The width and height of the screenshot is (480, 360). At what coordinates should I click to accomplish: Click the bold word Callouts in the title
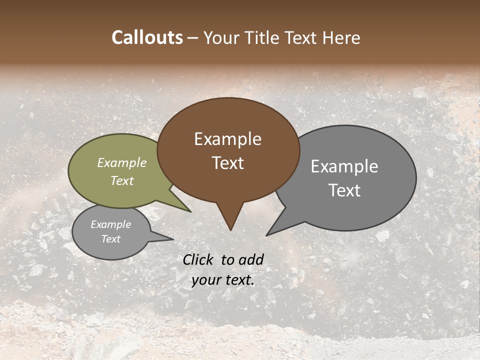(147, 37)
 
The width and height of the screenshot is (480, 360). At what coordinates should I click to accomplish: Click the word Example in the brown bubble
(227, 139)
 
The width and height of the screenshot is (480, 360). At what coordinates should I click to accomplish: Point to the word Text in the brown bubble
(227, 163)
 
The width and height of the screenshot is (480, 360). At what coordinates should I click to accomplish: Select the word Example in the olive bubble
(122, 162)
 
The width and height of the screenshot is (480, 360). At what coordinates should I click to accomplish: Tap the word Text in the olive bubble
(122, 180)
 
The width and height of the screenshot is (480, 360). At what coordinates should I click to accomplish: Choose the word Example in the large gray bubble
(344, 166)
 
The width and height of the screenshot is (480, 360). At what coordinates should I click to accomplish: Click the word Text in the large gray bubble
(344, 190)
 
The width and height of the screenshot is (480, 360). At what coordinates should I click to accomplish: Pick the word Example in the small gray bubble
(110, 224)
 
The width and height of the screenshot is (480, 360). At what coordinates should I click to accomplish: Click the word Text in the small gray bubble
(110, 239)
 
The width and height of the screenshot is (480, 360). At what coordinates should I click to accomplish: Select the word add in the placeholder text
(251, 259)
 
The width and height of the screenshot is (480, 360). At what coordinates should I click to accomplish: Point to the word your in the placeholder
(205, 280)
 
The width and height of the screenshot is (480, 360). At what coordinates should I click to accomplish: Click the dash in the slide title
(193, 38)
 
